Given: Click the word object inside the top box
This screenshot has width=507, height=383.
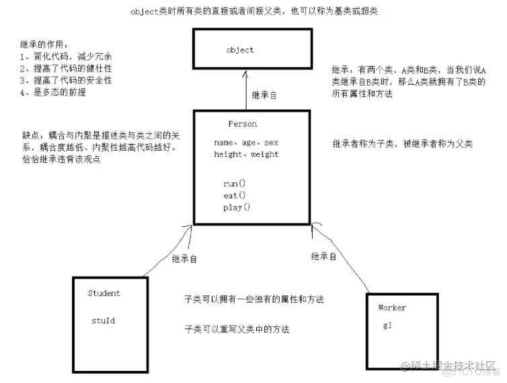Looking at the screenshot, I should coord(240,50).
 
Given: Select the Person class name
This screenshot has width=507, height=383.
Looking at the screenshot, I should coord(242,125).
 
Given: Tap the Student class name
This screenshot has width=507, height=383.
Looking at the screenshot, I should coord(104,293).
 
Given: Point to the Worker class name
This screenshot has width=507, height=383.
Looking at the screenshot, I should coord(392,308).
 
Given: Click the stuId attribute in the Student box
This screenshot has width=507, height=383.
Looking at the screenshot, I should coord(103,320).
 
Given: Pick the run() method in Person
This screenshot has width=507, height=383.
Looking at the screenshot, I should coord(235,183).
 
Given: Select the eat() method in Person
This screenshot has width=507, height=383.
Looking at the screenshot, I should coord(235,195).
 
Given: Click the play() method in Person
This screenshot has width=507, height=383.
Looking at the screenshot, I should coord(237,207).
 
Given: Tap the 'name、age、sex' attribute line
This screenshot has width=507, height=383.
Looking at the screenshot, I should coord(246,143).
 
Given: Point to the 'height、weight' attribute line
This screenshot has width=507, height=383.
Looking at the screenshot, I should coord(246,154).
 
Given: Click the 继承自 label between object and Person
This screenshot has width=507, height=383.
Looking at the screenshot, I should coord(264,96).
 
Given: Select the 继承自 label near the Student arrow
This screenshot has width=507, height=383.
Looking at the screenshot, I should coord(185,258).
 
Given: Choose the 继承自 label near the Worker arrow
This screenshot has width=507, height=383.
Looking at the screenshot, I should coord(324,256).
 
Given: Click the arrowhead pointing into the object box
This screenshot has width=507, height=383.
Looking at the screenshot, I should coord(244,77).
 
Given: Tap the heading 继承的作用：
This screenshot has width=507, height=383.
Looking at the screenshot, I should coord(44,44).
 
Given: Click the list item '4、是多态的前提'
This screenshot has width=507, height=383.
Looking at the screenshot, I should coord(53,93).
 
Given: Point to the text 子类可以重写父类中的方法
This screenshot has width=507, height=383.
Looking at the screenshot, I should coord(238,329).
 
